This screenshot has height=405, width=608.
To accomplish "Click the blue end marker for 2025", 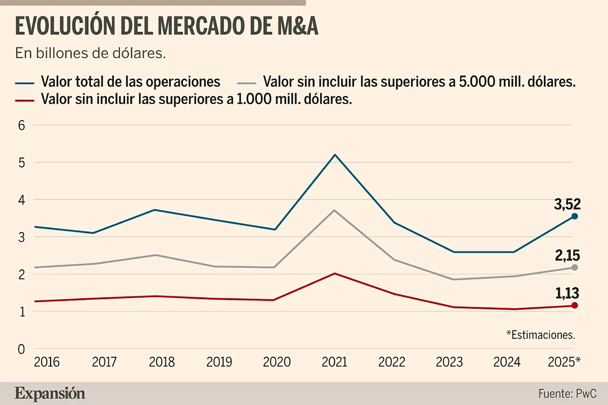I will click(x=575, y=216).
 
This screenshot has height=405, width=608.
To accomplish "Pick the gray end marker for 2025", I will click(x=575, y=267).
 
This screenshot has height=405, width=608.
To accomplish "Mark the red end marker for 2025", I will click(x=575, y=305).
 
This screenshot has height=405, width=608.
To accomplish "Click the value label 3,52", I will click(x=566, y=204).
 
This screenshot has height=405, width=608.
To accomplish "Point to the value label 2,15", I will click(x=566, y=255).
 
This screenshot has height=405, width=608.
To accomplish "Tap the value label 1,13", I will click(x=566, y=294).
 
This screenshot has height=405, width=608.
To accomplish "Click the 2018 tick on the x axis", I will click(x=162, y=362).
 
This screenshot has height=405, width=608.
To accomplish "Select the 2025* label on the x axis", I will click(x=564, y=362).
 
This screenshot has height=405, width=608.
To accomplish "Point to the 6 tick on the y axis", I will click(x=22, y=126).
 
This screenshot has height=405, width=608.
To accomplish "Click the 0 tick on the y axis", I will click(x=22, y=349).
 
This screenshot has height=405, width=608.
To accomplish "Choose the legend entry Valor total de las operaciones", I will click(x=131, y=82).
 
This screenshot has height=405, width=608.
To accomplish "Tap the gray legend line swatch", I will click(x=247, y=82).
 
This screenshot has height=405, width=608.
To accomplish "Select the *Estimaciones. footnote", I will click(x=541, y=335).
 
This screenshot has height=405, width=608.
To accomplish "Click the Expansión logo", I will click(x=50, y=393).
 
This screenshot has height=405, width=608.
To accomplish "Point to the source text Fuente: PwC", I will click(x=566, y=393).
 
